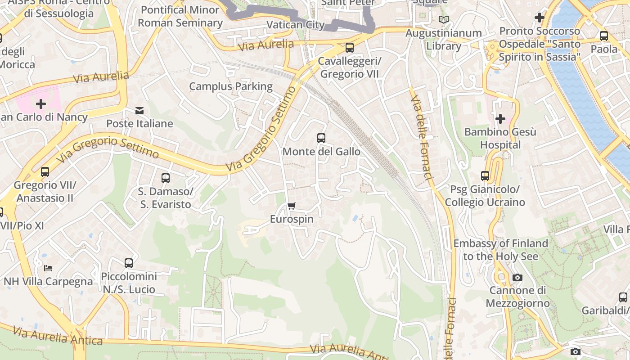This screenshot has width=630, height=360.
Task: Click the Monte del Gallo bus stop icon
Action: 321,138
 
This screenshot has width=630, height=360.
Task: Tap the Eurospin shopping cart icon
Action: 291,206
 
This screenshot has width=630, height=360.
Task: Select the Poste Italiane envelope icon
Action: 139,110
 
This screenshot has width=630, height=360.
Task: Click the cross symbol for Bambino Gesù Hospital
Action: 500,119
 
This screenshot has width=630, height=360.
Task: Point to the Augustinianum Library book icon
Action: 444,20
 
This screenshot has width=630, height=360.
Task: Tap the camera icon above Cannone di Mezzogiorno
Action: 517,277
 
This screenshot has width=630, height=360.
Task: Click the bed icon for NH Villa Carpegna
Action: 48,268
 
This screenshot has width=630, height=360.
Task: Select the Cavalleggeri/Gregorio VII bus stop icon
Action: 349,48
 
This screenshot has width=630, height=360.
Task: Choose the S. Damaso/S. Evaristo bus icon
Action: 165,178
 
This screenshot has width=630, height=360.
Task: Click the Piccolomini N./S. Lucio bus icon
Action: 129,263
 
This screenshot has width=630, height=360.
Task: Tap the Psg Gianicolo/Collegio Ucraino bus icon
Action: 485,176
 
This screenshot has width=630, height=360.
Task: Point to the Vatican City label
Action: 296,25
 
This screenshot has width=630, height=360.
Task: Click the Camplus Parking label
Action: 231,86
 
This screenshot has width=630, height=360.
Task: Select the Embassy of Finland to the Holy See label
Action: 500,250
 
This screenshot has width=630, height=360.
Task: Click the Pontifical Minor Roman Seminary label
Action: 180,16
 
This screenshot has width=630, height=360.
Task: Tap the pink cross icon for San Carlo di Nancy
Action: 41,104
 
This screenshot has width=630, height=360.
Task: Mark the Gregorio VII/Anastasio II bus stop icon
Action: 45,172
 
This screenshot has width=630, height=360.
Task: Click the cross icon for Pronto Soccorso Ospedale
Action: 539,18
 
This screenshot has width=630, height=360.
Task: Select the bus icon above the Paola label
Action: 603,36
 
